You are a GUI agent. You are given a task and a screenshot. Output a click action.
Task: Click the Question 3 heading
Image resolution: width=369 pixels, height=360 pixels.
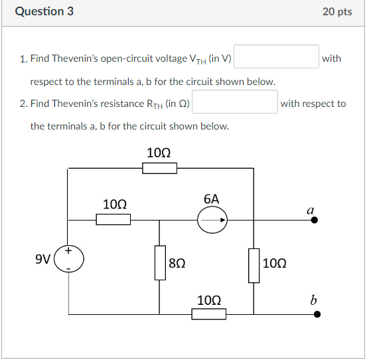tap(44, 12)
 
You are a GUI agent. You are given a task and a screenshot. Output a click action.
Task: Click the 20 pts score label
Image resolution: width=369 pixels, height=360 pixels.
tap(337, 12)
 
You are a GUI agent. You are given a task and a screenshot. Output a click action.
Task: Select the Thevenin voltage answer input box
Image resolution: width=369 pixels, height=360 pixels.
tap(277, 58)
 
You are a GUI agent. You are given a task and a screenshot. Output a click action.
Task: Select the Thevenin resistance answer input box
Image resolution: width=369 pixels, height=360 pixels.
tap(234, 103)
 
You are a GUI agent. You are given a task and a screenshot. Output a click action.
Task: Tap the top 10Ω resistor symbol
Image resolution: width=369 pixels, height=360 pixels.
tap(159, 168)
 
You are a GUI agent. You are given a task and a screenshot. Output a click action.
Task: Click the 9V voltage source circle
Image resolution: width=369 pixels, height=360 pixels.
tap(69, 258)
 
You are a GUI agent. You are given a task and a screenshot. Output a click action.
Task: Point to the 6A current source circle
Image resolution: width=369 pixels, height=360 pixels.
tap(212, 219)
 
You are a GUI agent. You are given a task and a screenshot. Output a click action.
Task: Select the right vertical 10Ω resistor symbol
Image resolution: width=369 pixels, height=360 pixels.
tap(254, 265)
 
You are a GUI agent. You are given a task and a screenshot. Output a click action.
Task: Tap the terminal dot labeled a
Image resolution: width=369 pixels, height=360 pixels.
tap(315, 219)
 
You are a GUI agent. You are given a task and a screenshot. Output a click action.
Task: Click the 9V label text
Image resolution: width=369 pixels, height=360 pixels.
tap(42, 258)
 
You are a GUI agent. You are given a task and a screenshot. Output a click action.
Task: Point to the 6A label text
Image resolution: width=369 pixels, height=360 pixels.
tap(212, 199)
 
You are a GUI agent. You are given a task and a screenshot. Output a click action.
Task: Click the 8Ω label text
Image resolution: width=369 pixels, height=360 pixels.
tap(177, 263)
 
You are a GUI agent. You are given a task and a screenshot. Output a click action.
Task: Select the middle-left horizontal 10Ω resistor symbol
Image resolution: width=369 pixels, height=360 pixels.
tap(113, 219)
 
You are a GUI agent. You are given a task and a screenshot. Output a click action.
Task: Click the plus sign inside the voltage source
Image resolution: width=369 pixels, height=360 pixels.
tap(68, 250)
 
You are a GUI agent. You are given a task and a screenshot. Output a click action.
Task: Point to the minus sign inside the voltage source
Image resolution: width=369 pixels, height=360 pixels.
tap(68, 267)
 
